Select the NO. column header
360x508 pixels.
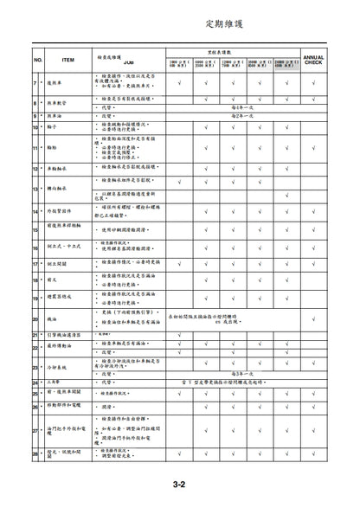(37, 60)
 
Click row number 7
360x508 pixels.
(35, 83)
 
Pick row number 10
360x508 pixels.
(35, 127)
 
